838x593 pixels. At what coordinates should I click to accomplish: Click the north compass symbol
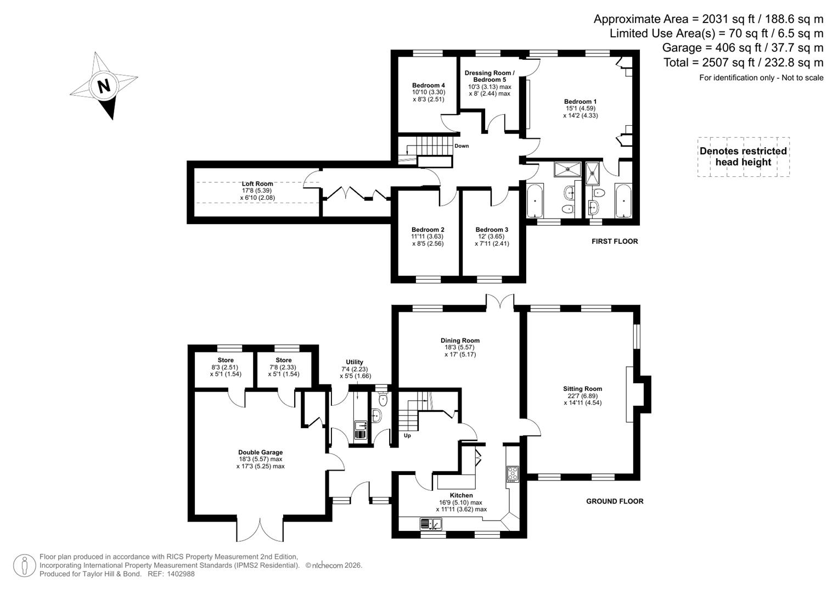(103, 86)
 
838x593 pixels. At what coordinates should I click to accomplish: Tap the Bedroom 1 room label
(580, 102)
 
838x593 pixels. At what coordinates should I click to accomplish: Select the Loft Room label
(257, 184)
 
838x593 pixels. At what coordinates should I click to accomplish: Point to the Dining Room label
(459, 340)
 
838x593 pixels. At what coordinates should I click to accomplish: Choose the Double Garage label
(260, 452)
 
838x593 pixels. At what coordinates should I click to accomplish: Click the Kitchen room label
(461, 495)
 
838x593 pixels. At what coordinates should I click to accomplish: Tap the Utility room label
(354, 362)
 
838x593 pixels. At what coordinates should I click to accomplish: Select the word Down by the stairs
(461, 146)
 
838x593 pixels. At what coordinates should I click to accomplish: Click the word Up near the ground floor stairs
(407, 436)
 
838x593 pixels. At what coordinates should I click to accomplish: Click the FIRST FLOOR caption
(615, 242)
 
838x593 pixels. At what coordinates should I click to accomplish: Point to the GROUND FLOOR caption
(615, 501)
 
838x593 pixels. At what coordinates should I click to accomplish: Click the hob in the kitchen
(513, 474)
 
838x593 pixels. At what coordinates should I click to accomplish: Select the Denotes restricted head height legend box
(743, 156)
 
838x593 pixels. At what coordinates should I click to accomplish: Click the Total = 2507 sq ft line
(743, 63)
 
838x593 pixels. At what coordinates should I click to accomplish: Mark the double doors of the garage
(260, 528)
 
